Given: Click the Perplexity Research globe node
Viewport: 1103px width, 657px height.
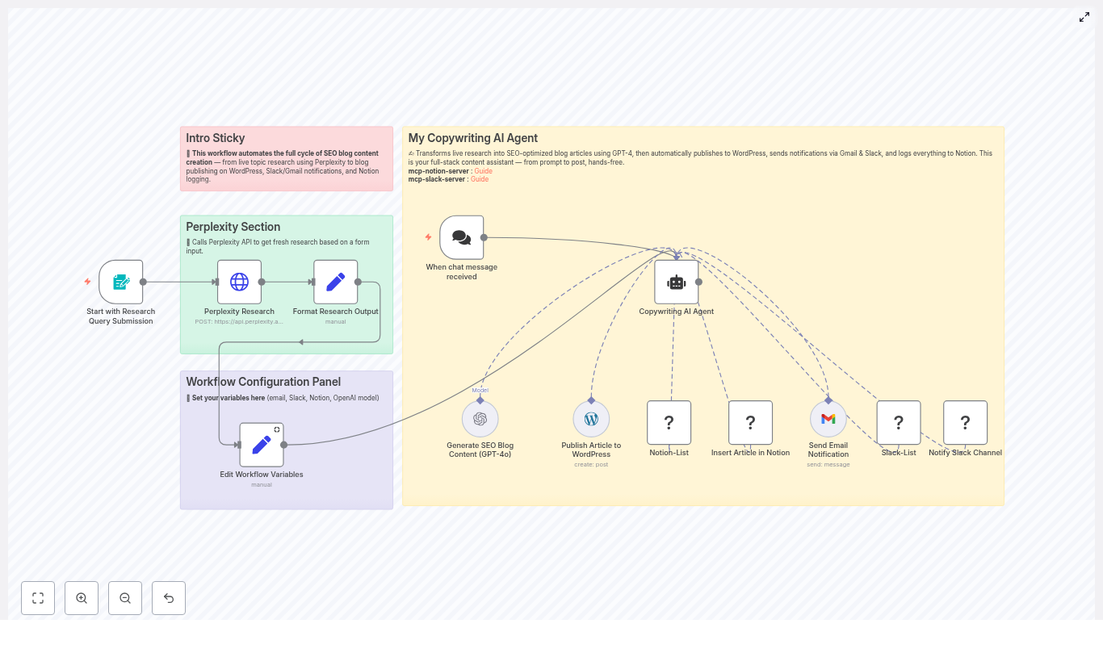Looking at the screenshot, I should (239, 282).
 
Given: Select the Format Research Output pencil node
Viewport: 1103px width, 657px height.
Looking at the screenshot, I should (336, 282).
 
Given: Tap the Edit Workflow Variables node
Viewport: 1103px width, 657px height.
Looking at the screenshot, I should (262, 445).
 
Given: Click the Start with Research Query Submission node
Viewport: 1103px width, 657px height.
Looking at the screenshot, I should (121, 282).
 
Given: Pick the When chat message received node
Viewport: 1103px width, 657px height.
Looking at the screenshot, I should (462, 237).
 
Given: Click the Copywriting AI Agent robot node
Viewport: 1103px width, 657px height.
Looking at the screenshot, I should (677, 282).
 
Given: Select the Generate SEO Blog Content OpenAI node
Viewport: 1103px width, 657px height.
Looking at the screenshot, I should (480, 419).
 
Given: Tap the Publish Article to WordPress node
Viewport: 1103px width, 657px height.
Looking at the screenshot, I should (591, 419).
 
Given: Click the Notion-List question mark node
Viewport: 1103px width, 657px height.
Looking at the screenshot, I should (669, 422).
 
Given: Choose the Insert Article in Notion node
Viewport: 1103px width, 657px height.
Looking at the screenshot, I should (751, 422).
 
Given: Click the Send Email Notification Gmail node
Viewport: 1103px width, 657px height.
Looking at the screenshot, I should (828, 419).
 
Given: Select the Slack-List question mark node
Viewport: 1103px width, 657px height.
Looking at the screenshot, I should (899, 422).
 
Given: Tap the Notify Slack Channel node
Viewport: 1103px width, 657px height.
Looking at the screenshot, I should (966, 422).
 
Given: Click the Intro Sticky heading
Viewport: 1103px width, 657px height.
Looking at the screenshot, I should (216, 138).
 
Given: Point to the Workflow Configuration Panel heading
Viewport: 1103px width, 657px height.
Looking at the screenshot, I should (263, 382).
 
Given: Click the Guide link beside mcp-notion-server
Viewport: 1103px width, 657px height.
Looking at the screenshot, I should (483, 171).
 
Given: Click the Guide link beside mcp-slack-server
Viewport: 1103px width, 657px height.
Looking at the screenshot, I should (480, 179).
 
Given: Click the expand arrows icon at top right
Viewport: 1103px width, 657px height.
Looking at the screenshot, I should (1084, 17).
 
